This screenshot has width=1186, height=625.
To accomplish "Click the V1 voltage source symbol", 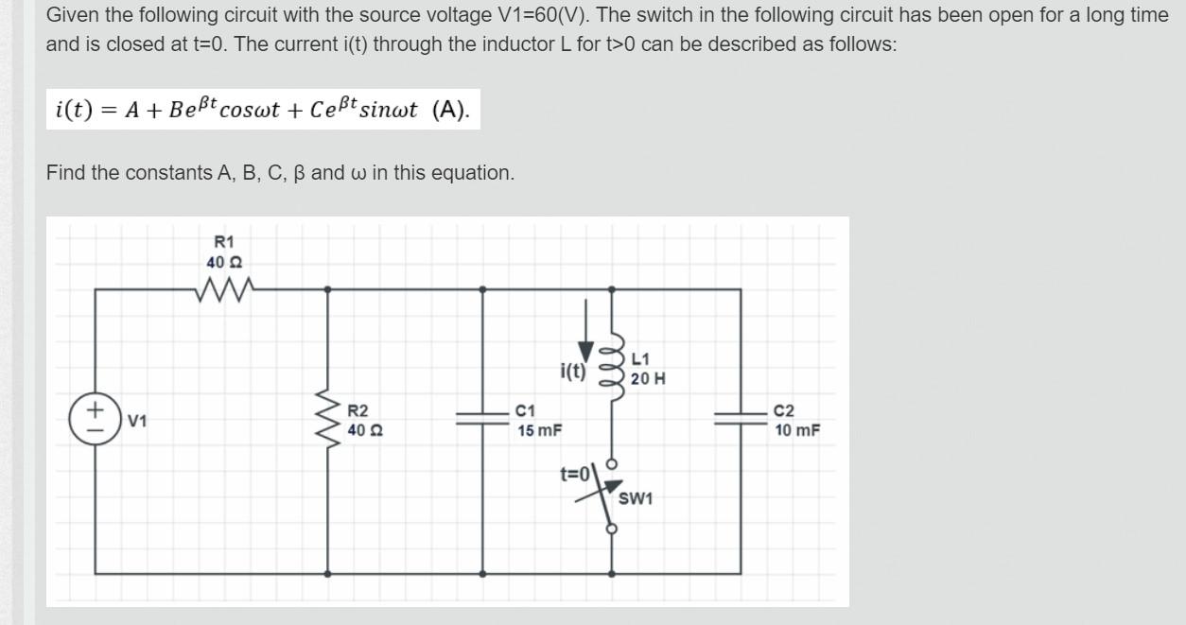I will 95,419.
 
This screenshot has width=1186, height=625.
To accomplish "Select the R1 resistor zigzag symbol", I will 224,288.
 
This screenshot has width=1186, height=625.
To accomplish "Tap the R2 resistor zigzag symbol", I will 329,419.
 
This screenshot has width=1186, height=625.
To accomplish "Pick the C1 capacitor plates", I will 482,419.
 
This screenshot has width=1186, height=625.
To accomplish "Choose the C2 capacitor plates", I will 740,419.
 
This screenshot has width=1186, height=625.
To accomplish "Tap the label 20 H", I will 648,378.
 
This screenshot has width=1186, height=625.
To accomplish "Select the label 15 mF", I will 539,430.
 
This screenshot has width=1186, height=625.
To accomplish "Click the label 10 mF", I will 796,430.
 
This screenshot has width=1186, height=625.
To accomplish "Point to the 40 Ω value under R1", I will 224,262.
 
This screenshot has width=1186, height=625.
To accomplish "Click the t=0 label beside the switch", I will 575,473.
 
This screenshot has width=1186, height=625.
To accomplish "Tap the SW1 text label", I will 637,498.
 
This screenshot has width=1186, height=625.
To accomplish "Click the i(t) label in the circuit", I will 574,371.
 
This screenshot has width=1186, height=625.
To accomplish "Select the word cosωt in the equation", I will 248,110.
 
